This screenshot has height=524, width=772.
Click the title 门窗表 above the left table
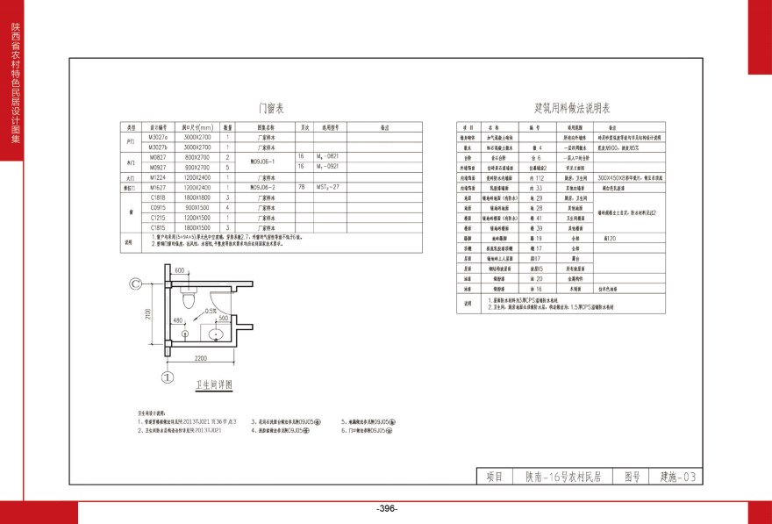[x=270, y=109]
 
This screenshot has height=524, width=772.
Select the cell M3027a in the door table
[x=158, y=138]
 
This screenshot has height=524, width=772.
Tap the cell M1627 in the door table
[x=158, y=188]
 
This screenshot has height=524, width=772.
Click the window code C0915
[x=158, y=208]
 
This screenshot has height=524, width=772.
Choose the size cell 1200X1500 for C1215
[x=197, y=217]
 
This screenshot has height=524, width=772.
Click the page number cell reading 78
[x=302, y=188]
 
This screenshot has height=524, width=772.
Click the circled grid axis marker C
[x=137, y=284]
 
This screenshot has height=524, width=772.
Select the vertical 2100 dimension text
[x=149, y=314]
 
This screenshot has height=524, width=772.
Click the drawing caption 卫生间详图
[x=214, y=385]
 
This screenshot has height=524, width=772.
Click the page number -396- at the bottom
[x=386, y=510]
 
